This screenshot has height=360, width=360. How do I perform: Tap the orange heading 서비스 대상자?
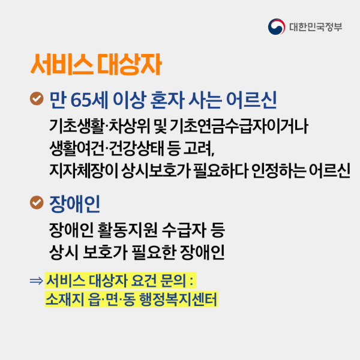point(95,65)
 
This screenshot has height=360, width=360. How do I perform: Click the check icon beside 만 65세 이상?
point(37,97)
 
